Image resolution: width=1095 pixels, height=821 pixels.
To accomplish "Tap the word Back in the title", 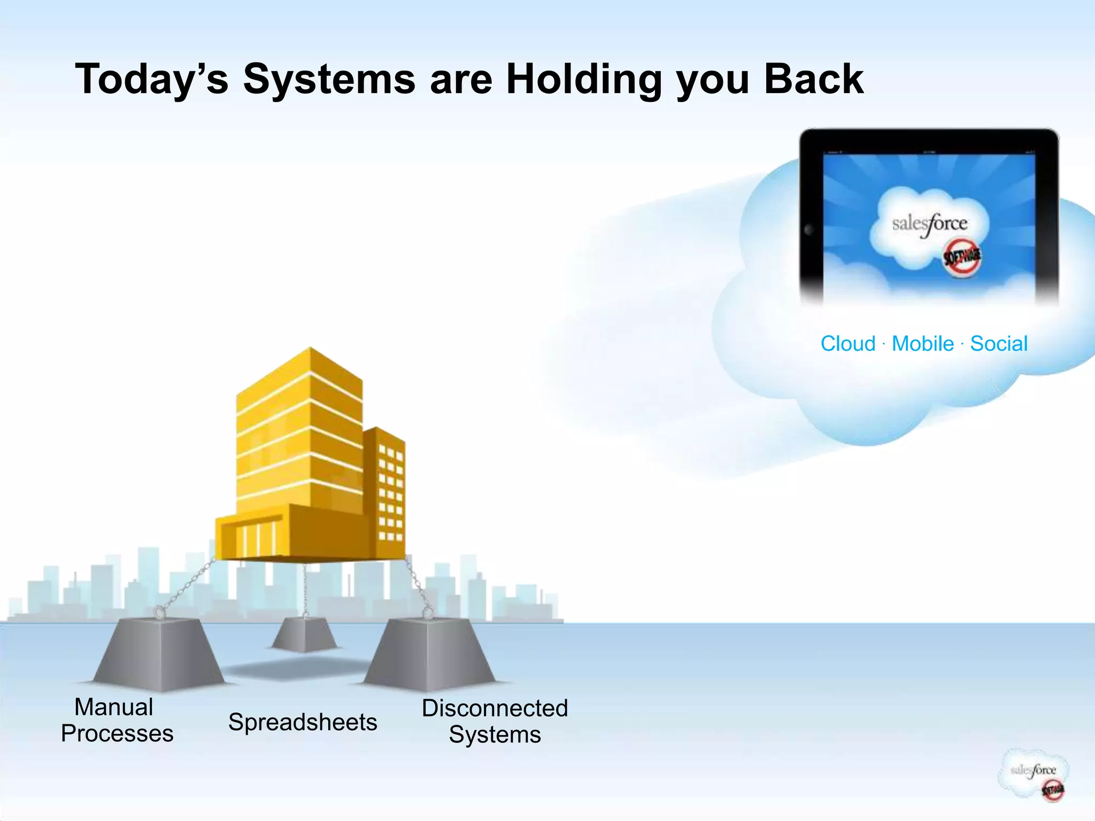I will [813, 79].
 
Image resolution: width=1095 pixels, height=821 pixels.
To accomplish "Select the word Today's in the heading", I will [152, 79].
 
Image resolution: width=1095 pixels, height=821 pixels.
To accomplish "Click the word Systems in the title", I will [329, 79].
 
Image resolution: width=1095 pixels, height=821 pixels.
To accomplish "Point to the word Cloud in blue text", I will [848, 344].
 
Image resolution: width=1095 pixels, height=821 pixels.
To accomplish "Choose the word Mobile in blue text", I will [923, 344].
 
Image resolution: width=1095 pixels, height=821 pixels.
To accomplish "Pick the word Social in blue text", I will [999, 344].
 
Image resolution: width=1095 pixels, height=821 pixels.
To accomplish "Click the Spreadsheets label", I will [303, 722].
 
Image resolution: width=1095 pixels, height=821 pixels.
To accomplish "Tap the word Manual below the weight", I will [114, 707].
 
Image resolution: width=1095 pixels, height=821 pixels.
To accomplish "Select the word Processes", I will [117, 734].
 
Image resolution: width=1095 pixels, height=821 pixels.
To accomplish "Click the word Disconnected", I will [495, 708].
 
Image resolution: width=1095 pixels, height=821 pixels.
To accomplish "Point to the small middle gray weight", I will [304, 634].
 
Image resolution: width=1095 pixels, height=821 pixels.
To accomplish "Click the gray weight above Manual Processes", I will [159, 654].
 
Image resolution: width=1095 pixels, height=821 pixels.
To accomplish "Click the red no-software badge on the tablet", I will [962, 257].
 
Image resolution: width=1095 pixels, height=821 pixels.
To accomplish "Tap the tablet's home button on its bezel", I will [809, 230].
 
